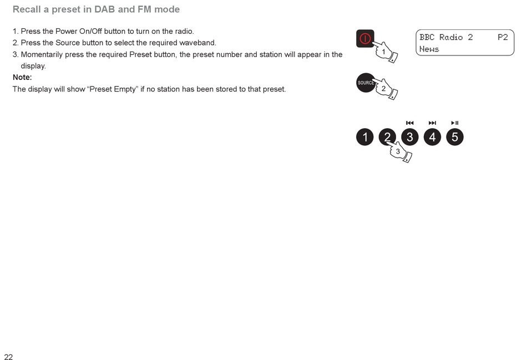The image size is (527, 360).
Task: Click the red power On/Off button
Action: pyautogui.click(x=365, y=39)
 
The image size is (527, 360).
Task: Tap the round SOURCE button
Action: pyautogui.click(x=366, y=83)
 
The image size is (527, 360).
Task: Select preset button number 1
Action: pyautogui.click(x=365, y=137)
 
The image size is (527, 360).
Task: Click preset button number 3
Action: pyautogui.click(x=410, y=137)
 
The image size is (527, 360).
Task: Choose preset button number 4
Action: pyautogui.click(x=432, y=137)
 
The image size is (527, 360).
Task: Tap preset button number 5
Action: pyautogui.click(x=455, y=137)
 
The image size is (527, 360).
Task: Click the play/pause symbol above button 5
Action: pyautogui.click(x=455, y=123)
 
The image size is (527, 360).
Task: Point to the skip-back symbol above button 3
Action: pyautogui.click(x=410, y=123)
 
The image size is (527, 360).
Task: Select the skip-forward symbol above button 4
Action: pyautogui.click(x=432, y=123)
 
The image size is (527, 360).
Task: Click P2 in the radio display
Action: pyautogui.click(x=503, y=37)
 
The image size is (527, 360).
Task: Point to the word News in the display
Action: pyautogui.click(x=429, y=49)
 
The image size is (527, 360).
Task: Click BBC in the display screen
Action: pyautogui.click(x=427, y=37)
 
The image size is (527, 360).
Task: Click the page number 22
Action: pyautogui.click(x=8, y=357)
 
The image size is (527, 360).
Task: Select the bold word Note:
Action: pyautogui.click(x=22, y=77)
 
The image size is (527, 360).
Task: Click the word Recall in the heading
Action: pyautogui.click(x=27, y=9)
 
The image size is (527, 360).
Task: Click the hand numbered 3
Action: pyautogui.click(x=399, y=151)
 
